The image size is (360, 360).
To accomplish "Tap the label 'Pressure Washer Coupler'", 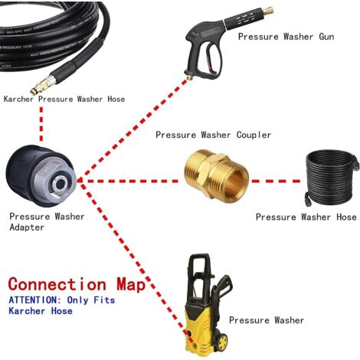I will pyautogui.click(x=213, y=135).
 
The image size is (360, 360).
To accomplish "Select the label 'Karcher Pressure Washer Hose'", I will pyautogui.click(x=64, y=99).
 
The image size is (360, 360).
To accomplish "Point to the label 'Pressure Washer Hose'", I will pyautogui.click(x=306, y=218).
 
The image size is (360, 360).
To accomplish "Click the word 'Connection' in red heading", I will pyautogui.click(x=57, y=284).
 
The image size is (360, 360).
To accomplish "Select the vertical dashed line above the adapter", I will pyautogui.click(x=40, y=123).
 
